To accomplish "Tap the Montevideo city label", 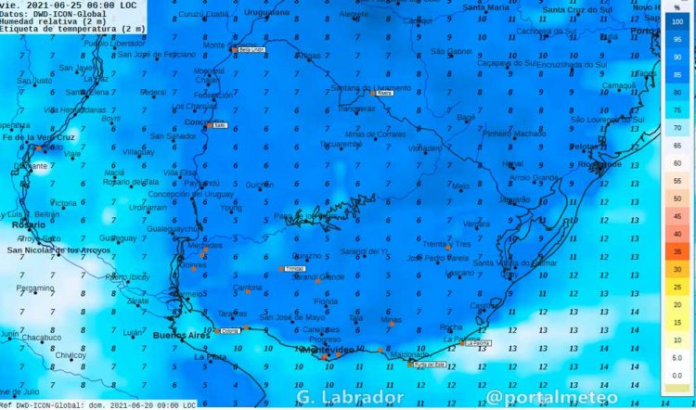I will point(325,350).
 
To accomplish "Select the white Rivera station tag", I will point(386,93).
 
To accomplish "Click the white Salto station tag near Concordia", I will point(220,125).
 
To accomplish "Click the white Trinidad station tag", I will point(293,269).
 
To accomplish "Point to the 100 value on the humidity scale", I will point(677,19).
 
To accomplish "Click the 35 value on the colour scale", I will point(677,251).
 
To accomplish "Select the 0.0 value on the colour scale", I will point(677,375).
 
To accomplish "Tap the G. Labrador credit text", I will point(350,397).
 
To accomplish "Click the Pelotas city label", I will point(585,147).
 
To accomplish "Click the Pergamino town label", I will point(35,288).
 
